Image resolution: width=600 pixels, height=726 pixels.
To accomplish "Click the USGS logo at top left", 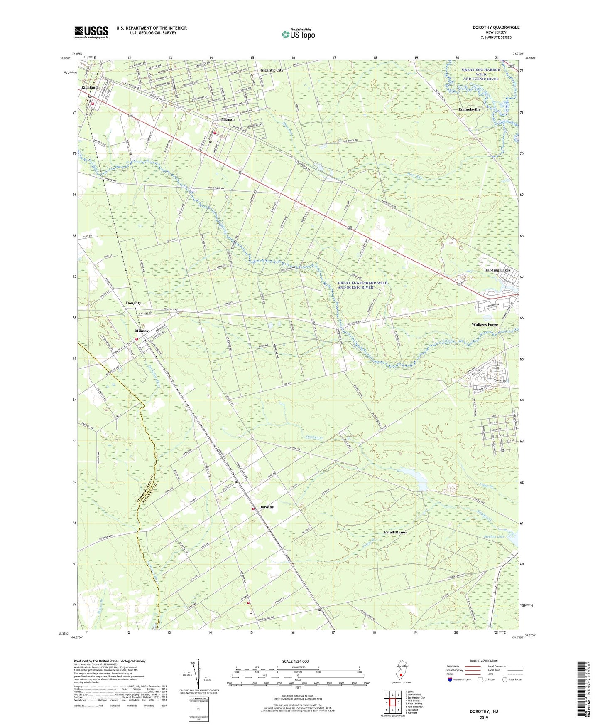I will coord(91,32).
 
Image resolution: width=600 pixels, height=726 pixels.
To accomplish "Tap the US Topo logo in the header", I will coord(298,34).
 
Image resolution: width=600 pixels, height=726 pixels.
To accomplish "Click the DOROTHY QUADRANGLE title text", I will coord(496,27).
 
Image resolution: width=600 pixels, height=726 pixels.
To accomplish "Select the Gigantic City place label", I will coord(272,70).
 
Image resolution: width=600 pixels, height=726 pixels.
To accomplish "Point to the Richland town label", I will coord(89,87).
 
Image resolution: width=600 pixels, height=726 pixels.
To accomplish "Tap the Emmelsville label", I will coord(469,109).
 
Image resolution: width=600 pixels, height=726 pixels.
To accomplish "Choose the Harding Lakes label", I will coord(497,270).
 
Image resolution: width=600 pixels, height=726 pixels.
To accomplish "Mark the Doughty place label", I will coord(133,303).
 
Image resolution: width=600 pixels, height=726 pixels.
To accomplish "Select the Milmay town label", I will coord(142,331).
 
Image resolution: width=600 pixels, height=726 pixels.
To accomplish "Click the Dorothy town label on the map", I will coord(267,507).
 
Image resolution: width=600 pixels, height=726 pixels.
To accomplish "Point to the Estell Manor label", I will coord(395,532).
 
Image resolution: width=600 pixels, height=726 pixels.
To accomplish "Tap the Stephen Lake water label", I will coord(494,537).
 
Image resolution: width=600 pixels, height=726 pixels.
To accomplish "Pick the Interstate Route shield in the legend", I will coord(451,680).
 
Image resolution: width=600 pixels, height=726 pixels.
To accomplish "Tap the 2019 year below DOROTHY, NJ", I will coord(484,717).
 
